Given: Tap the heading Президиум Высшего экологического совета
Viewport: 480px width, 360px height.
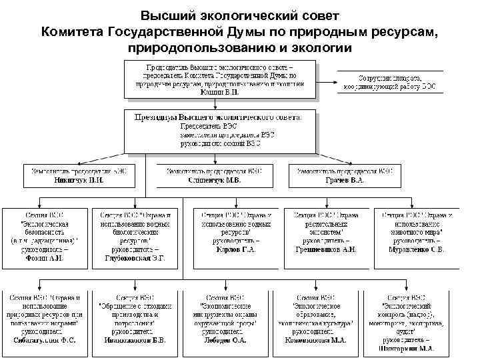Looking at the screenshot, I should point(218,116).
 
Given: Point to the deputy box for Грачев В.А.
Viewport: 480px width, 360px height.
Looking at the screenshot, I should point(345,175).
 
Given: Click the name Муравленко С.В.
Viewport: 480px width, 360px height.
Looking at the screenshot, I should point(416,249).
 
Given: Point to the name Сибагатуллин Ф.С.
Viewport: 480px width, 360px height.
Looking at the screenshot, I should point(45,339).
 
